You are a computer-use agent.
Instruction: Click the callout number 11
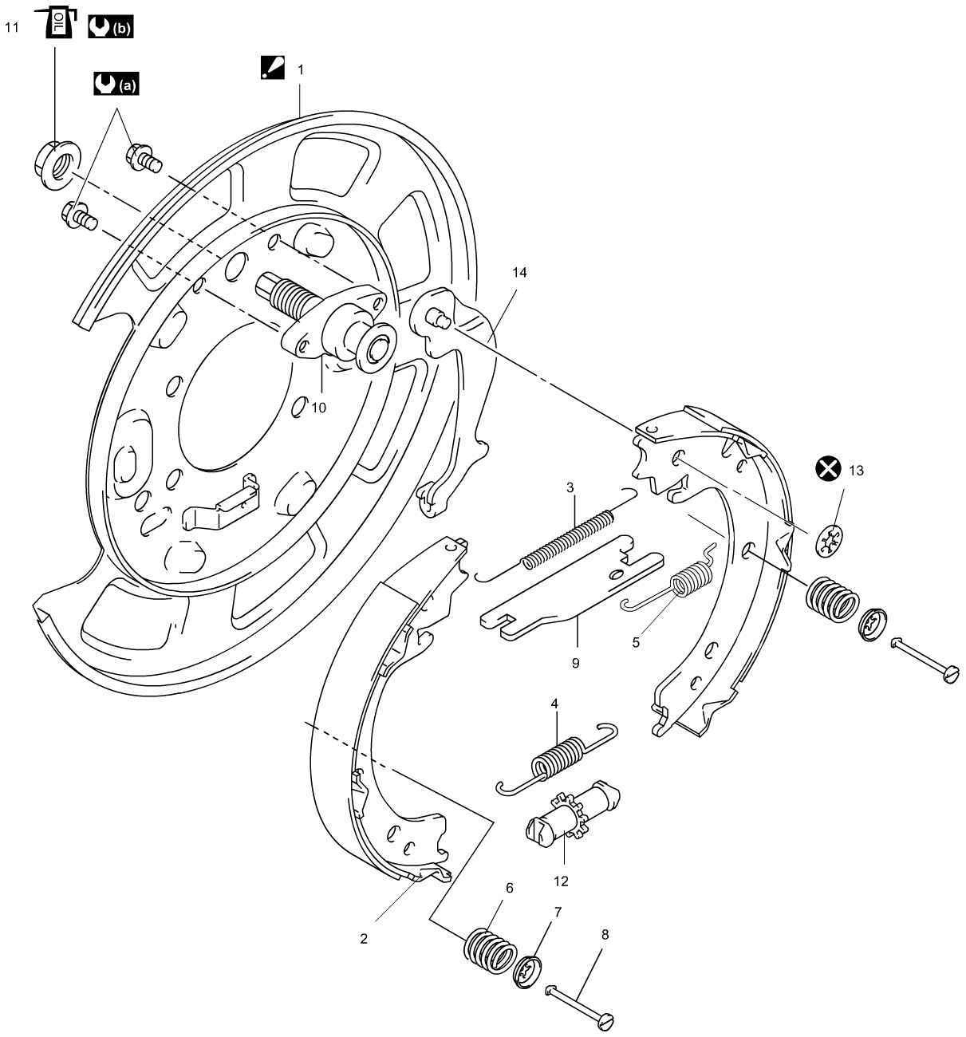click(11, 27)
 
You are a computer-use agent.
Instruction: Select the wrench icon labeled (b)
click(110, 28)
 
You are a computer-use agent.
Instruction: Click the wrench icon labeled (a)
click(115, 82)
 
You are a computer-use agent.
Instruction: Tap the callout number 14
click(519, 273)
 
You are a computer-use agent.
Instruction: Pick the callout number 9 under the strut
click(574, 662)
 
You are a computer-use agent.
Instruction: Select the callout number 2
click(364, 939)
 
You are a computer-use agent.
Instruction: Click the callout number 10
click(318, 408)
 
